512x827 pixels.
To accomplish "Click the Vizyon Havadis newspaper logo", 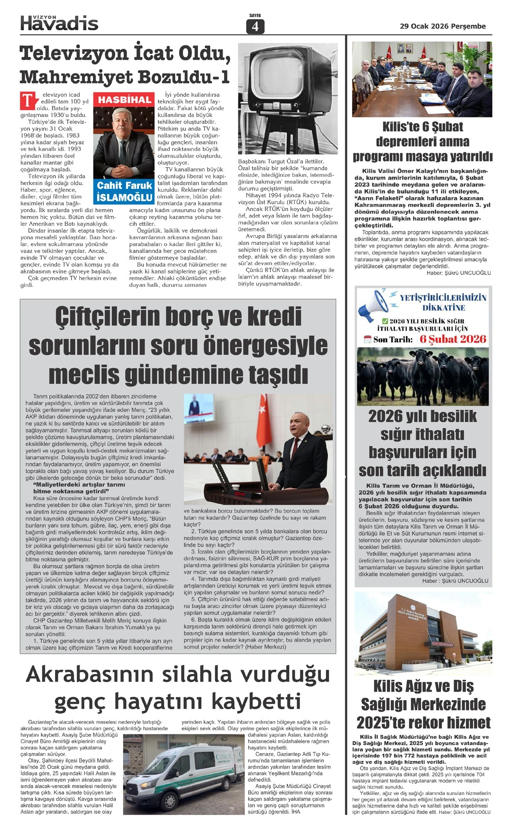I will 59,23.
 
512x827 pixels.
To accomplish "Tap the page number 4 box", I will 255,26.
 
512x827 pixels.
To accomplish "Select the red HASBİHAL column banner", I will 125,100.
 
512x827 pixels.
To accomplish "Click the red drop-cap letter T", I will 27,100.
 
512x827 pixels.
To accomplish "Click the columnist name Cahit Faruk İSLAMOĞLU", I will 124,191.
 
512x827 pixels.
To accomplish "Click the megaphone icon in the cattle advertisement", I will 372,305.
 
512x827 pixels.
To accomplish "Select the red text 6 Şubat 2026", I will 453,339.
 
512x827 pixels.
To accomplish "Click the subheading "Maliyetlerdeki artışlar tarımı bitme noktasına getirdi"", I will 79,488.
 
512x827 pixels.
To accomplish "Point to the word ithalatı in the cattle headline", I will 422,434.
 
